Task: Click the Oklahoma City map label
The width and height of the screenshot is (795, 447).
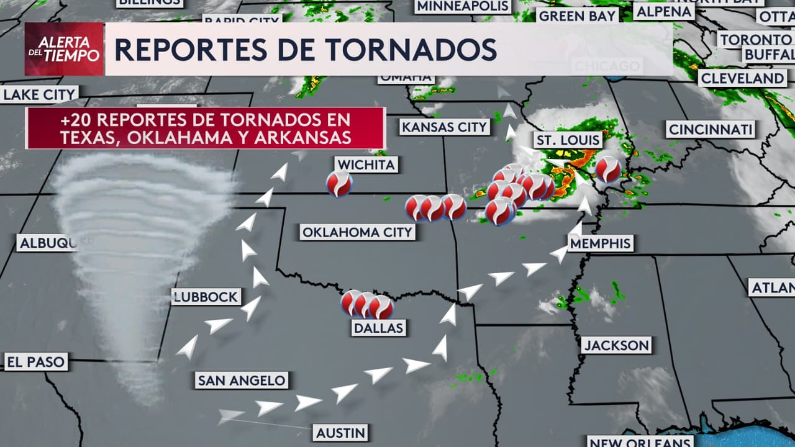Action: click(x=357, y=232)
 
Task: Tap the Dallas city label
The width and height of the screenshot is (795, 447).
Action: click(x=378, y=328)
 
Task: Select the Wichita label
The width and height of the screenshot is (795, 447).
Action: click(x=366, y=165)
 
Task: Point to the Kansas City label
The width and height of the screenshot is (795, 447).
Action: click(x=444, y=127)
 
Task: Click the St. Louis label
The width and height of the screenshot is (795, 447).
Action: click(x=568, y=140)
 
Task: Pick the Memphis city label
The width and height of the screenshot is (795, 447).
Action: click(x=601, y=243)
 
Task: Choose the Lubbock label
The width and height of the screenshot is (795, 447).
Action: click(x=206, y=297)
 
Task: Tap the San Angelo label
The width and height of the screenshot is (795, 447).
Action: click(x=242, y=380)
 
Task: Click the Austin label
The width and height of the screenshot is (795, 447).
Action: click(x=340, y=433)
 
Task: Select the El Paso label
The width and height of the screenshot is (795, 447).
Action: click(x=35, y=361)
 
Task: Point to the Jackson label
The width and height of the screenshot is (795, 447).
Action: click(x=616, y=345)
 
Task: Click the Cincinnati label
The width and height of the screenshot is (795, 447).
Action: click(x=711, y=130)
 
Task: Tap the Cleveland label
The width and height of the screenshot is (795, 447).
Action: click(x=742, y=78)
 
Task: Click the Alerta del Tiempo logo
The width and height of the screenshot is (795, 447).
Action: click(x=64, y=49)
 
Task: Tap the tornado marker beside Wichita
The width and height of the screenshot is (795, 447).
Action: click(x=339, y=184)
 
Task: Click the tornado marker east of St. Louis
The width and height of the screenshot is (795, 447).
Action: click(x=607, y=169)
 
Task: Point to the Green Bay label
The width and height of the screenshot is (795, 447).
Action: click(x=577, y=16)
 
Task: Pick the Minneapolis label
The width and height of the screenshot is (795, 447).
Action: click(x=463, y=6)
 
